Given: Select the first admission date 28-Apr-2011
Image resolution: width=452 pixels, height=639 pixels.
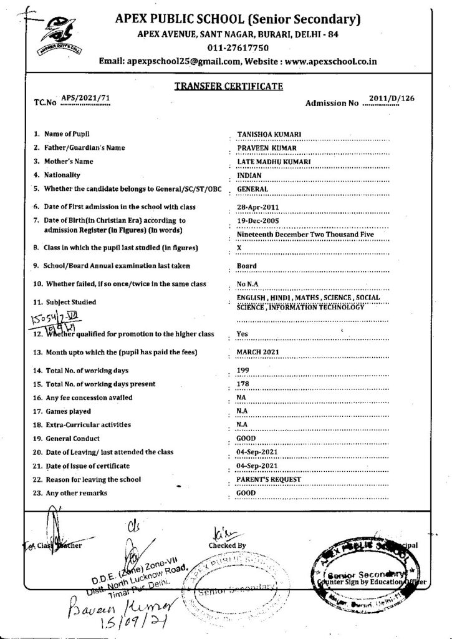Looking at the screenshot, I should point(258,206).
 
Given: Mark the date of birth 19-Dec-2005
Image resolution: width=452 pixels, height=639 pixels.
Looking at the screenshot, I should point(258,220).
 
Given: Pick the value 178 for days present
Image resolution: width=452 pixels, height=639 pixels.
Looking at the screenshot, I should point(243,384).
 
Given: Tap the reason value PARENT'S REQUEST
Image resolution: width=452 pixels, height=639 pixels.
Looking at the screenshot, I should point(270,479).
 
